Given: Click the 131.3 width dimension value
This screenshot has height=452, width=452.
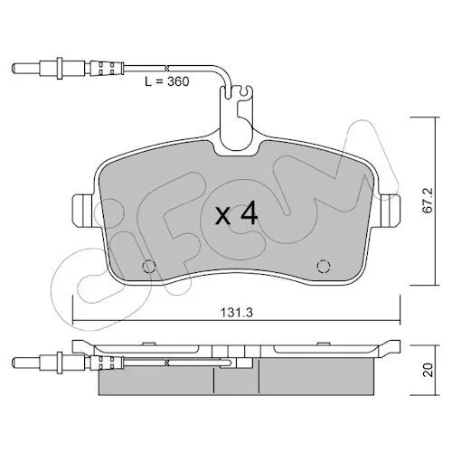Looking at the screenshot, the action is coord(237,313).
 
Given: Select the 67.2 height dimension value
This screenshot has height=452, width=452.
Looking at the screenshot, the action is coord(428,201).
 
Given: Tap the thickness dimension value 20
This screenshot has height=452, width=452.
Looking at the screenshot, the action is coord(428,370).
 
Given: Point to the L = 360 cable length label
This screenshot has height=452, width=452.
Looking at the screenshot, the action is coord(167,81).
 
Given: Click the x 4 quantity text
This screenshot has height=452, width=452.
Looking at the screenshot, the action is coord(236,213).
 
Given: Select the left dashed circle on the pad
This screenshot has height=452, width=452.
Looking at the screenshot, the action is coord(148,266).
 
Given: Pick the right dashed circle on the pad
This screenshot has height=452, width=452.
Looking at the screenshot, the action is coord(324,266).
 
